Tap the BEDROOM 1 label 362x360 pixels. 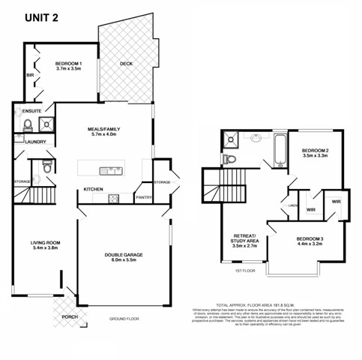(x=68, y=63)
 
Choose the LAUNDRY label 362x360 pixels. (x=35, y=142)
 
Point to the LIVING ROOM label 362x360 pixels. (x=45, y=243)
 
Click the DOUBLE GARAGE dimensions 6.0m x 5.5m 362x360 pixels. (x=124, y=262)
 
